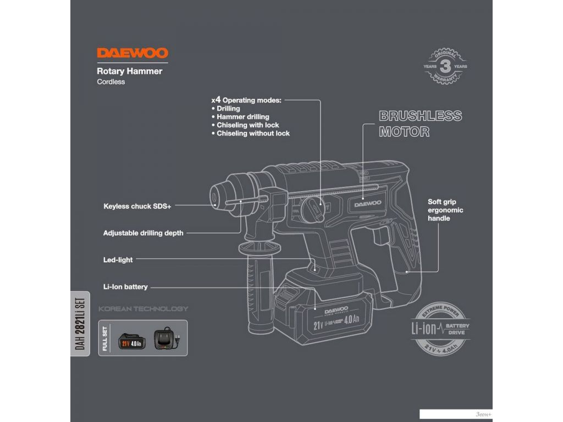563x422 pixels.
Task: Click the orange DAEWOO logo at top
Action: pyautogui.click(x=133, y=53)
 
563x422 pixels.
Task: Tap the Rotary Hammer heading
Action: pyautogui.click(x=129, y=71)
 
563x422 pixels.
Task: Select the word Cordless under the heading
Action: pyautogui.click(x=111, y=82)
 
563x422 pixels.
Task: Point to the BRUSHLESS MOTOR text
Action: pyautogui.click(x=420, y=124)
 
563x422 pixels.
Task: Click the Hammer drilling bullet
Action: pyautogui.click(x=242, y=117)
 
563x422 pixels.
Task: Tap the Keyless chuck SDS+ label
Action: pyautogui.click(x=137, y=207)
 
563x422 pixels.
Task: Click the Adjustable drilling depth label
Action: pyautogui.click(x=143, y=233)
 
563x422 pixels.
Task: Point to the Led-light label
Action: pyautogui.click(x=118, y=260)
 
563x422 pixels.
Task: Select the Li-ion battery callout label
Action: pyautogui.click(x=125, y=287)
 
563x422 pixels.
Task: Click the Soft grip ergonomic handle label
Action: pyautogui.click(x=445, y=210)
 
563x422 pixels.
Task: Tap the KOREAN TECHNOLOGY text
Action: pyautogui.click(x=143, y=309)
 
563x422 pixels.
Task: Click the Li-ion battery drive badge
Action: pyautogui.click(x=440, y=330)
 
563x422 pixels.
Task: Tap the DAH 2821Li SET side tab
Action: pyautogui.click(x=80, y=324)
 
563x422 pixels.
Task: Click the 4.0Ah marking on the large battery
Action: pyautogui.click(x=352, y=320)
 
